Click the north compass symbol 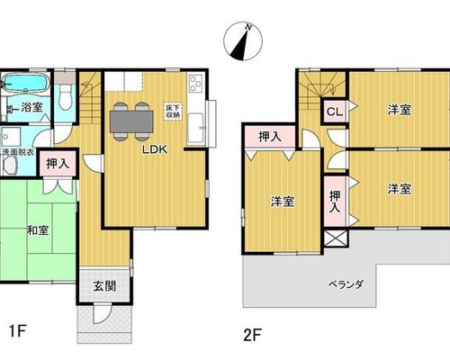243,41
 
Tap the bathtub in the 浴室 26,82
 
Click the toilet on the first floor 65,96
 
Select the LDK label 155,149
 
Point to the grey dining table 131,121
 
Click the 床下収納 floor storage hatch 173,112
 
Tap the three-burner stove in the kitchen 195,82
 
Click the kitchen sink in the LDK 196,129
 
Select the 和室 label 38,230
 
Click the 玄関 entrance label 104,286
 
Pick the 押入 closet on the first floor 58,164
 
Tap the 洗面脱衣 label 18,151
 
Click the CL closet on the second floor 335,112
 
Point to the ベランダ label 346,283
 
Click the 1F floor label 18,332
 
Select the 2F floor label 253,335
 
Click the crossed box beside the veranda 336,238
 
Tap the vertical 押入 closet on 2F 335,201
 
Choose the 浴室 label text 31,107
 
